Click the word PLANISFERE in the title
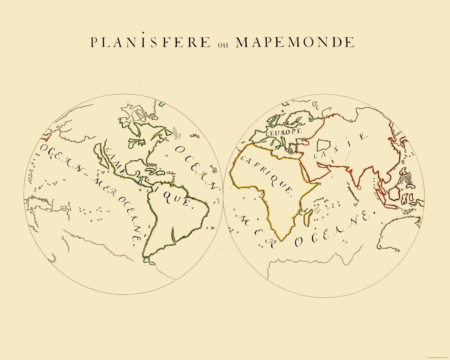[x=150, y=42]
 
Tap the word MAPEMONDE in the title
[x=295, y=42]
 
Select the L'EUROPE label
[x=283, y=131]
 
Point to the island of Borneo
[x=395, y=193]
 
